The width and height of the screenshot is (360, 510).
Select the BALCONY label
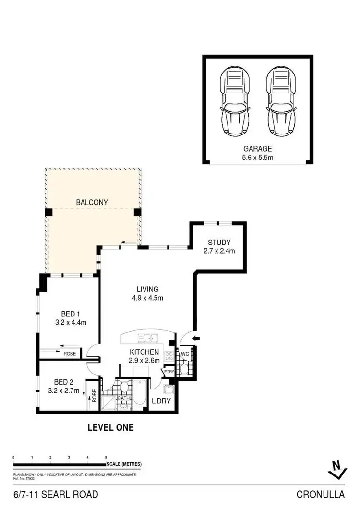point(92,202)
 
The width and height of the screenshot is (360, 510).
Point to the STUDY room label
point(219,242)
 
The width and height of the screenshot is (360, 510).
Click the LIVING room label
point(147,289)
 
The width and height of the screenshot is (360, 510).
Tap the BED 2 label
point(63,382)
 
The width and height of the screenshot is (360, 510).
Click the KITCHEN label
point(144,352)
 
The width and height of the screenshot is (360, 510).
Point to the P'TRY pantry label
point(168,371)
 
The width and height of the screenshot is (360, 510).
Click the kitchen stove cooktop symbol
point(169,356)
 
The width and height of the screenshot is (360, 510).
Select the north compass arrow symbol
point(337,469)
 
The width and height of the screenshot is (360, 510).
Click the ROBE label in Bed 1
point(70,354)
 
